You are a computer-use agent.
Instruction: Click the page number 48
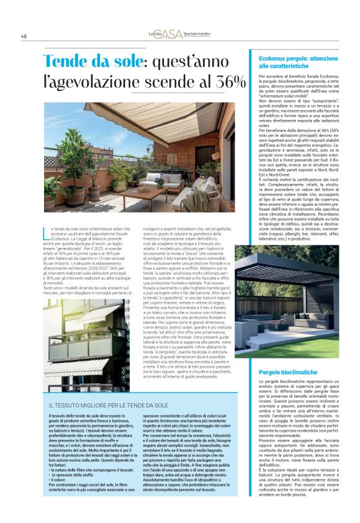(24, 36)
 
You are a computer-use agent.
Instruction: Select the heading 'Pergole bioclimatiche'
(287, 371)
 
